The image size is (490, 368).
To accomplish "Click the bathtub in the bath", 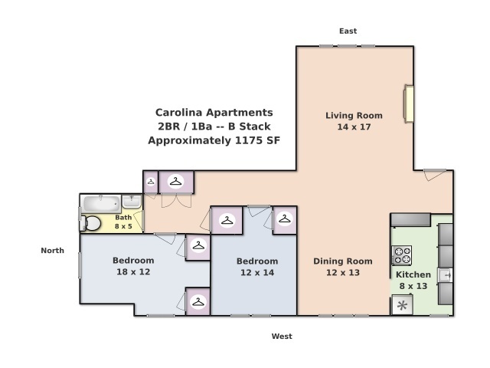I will coord(100,204).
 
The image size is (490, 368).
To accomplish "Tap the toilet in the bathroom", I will coord(91,223).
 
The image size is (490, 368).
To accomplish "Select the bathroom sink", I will coord(132,202).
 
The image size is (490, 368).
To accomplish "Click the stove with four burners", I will coord(402,255).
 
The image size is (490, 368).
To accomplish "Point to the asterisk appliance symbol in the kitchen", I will coord(402,306).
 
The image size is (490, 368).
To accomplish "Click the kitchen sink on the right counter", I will coord(445,274).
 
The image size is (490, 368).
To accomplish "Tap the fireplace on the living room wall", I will coord(410,103).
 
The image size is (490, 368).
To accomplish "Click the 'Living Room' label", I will coord(354,116).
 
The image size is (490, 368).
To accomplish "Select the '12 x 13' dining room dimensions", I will coord(342,273).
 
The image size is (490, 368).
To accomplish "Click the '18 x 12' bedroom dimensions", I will coord(133,272).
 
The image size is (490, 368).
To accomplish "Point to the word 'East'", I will coord(348,31).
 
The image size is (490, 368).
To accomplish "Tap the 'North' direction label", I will coord(53,251).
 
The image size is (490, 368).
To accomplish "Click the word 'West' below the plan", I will coord(282,337).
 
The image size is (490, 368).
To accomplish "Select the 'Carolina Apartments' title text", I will coord(214,112).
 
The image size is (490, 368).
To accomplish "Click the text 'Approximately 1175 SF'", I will coord(214,141).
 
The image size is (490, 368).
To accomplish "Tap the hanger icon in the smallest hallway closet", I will coord(151,182).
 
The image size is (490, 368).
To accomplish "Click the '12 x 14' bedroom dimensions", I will coord(257,273).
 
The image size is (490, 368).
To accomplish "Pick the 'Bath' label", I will coord(123,218).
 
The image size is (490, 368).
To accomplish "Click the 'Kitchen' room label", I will coord(413,274).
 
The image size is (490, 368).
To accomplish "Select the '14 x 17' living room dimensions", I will coord(354,127).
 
